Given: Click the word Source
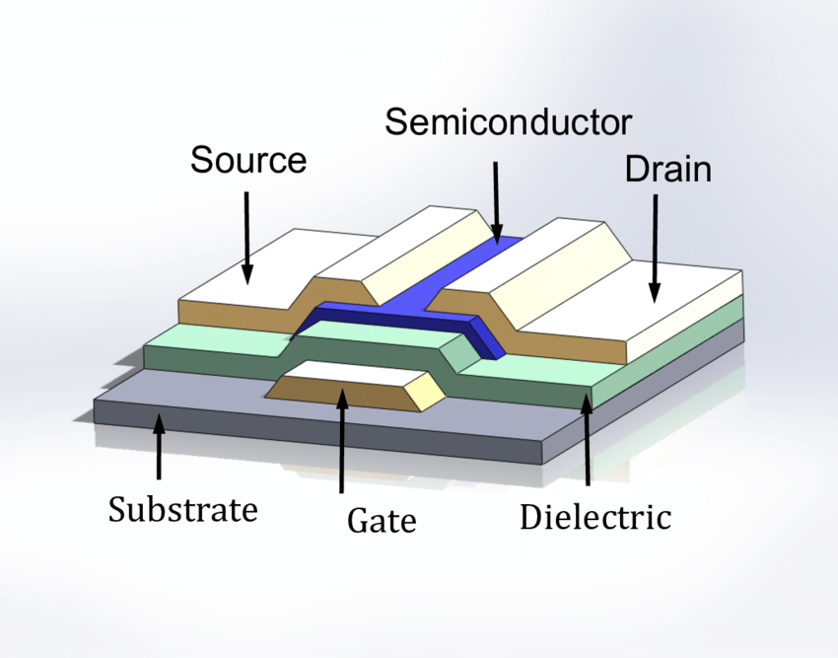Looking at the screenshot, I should pos(248,160).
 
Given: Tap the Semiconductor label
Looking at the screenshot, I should pos(508,122).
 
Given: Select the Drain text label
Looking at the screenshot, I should pos(667,169).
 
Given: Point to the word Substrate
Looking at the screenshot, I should pos(182,510).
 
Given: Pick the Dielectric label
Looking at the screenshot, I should pos(595,516).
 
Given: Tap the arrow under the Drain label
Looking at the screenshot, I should pos(653,247).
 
